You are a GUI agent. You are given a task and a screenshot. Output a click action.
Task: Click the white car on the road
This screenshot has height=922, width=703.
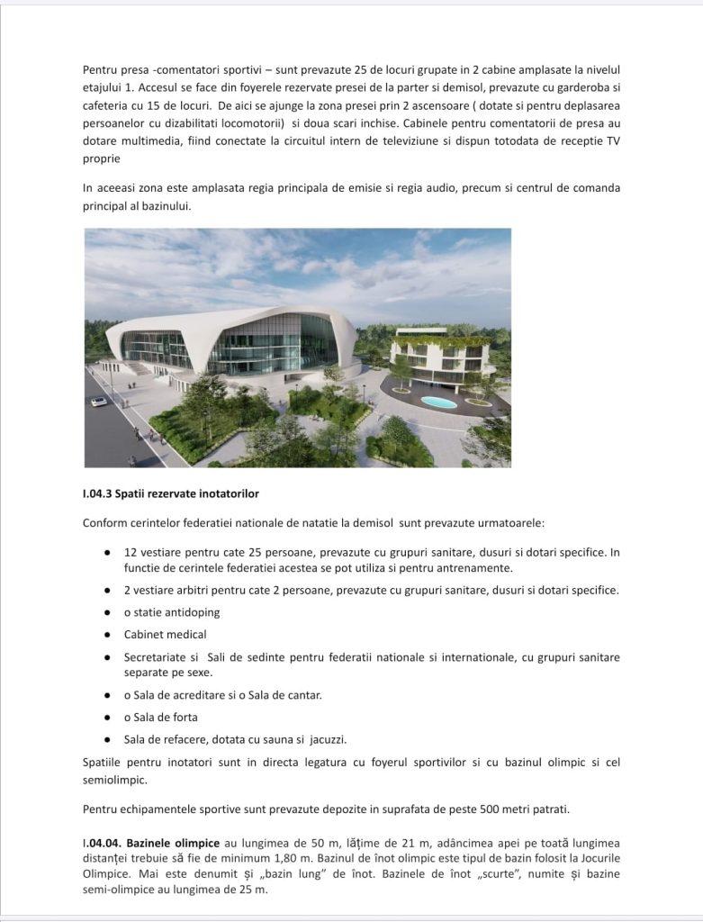click(x=99, y=402)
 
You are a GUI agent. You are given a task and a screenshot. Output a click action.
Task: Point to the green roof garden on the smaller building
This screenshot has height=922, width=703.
click(x=440, y=341)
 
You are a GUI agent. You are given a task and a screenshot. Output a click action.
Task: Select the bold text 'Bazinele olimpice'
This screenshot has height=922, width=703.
click(x=173, y=843)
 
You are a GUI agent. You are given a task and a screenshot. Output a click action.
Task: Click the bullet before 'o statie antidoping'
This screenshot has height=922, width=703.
click(x=108, y=612)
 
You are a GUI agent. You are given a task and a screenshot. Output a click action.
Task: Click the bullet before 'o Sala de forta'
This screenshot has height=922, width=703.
click(x=108, y=718)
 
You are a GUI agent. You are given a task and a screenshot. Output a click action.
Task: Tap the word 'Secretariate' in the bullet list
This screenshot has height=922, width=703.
click(x=156, y=657)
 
